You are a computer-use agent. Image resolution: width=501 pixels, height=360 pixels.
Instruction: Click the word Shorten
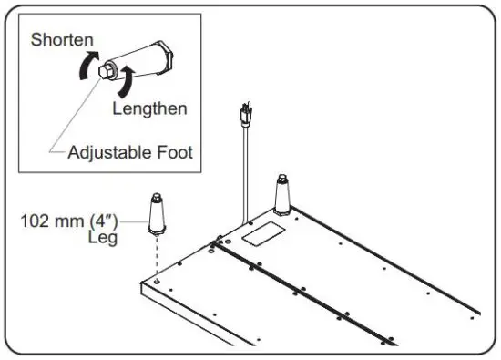point(60,40)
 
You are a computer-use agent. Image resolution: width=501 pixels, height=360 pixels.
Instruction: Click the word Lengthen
point(150,108)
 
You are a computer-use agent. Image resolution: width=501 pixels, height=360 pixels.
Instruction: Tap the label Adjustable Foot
point(130,152)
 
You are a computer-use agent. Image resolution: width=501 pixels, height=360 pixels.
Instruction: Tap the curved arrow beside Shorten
point(86,65)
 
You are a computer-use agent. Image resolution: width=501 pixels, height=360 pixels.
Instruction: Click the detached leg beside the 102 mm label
point(158,216)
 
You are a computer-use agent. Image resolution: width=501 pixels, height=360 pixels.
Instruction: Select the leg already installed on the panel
point(281,194)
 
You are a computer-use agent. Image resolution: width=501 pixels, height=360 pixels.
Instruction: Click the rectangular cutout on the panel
point(257,233)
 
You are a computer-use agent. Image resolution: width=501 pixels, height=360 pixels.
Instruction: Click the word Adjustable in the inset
point(109,152)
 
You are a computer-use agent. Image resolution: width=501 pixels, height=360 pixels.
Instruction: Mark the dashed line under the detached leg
point(158,260)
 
